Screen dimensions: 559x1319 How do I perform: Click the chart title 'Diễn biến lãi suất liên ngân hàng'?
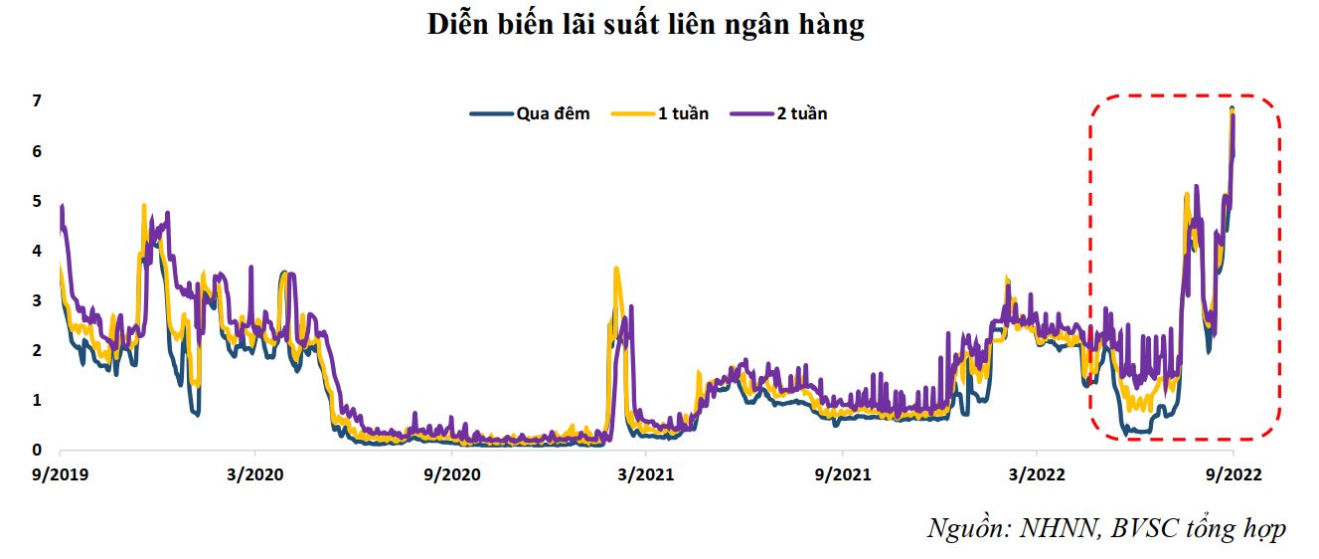point(646,26)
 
